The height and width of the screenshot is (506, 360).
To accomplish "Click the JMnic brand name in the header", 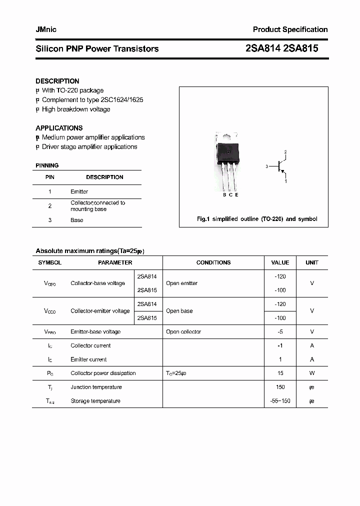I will (x=46, y=29).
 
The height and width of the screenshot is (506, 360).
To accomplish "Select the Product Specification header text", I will (x=290, y=29).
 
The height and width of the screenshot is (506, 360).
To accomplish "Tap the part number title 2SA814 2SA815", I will (x=282, y=48).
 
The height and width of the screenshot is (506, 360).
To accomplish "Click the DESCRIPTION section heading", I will (x=57, y=81).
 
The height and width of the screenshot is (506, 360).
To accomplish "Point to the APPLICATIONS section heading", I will (x=59, y=128).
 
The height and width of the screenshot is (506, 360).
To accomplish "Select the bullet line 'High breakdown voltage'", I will (x=75, y=109).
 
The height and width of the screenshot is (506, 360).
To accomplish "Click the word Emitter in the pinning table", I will (x=79, y=191).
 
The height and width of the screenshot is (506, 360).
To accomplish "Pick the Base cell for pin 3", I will (x=76, y=220).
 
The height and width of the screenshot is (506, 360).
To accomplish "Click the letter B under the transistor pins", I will (x=224, y=195).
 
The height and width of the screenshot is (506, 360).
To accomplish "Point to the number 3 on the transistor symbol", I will (x=267, y=166).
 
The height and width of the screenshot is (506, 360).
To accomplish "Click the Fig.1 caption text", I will (x=256, y=219).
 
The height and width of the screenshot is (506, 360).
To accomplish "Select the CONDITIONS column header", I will (x=213, y=262).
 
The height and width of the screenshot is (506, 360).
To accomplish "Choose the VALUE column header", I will (x=280, y=262).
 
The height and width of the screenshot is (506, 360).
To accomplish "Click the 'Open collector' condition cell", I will (x=183, y=331).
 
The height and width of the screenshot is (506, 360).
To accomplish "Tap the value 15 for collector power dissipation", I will (x=280, y=373).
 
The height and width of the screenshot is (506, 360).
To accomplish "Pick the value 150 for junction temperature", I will (x=280, y=387).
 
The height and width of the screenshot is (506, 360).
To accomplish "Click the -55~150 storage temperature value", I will (x=280, y=401).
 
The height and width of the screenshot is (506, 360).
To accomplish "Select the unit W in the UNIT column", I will (x=311, y=373).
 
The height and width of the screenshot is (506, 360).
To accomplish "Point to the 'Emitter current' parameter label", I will (x=88, y=359).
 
